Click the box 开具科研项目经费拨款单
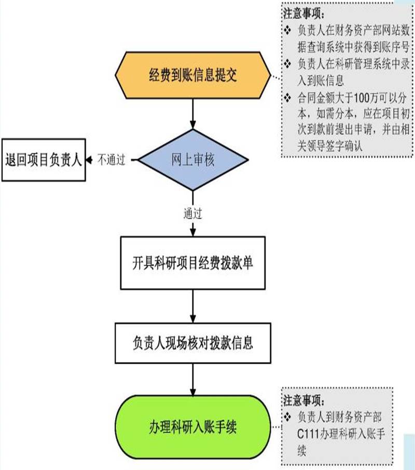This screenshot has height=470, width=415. (x=192, y=262)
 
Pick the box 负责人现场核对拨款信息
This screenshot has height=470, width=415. (x=192, y=343)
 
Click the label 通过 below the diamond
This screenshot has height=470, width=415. (x=192, y=213)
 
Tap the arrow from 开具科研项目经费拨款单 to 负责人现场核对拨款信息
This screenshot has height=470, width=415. (x=192, y=306)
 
